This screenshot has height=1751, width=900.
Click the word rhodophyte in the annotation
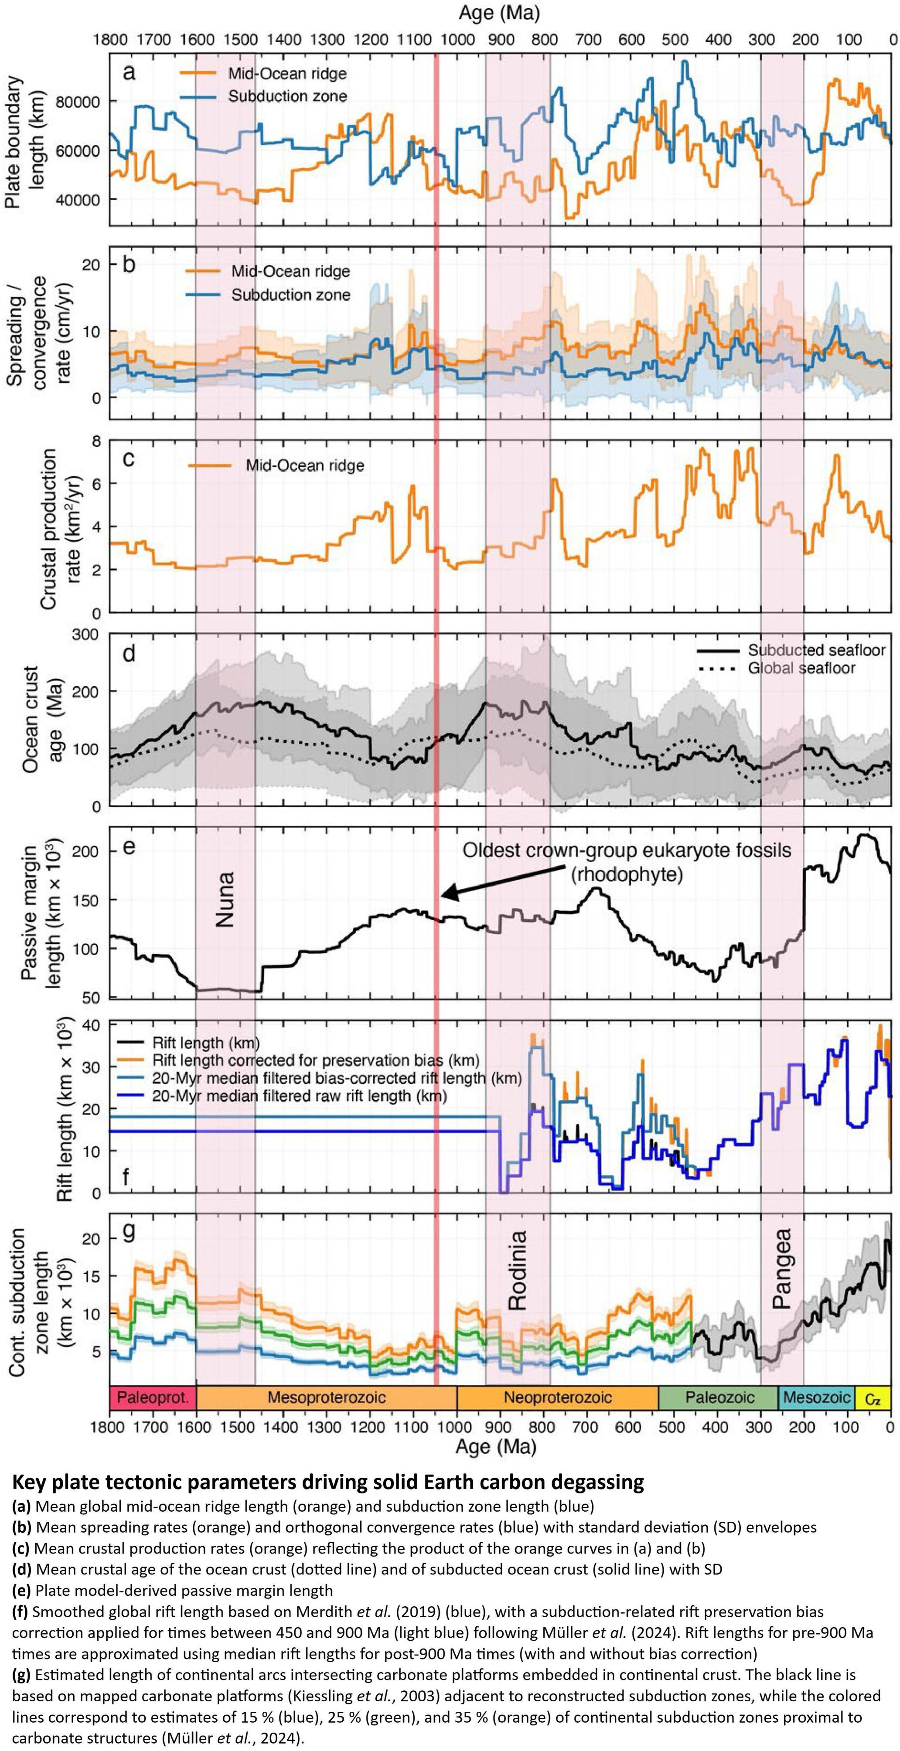coord(626,874)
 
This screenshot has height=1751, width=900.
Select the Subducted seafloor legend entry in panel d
coord(816,650)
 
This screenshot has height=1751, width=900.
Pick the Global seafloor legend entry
coord(801,668)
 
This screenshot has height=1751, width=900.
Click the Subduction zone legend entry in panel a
coord(287,96)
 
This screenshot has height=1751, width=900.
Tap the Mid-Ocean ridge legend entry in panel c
coord(304,466)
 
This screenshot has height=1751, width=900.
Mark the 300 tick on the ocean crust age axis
coord(85,634)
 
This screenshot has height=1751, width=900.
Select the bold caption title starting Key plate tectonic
coord(327,1481)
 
